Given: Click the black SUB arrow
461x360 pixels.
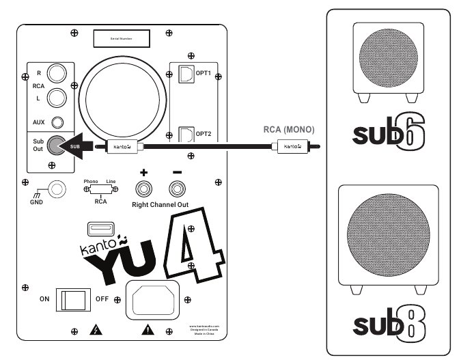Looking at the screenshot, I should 77,146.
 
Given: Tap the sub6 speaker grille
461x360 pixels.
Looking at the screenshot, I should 385,59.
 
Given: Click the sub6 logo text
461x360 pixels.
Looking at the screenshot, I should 385,134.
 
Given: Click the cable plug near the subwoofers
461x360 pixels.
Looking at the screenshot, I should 292,146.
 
